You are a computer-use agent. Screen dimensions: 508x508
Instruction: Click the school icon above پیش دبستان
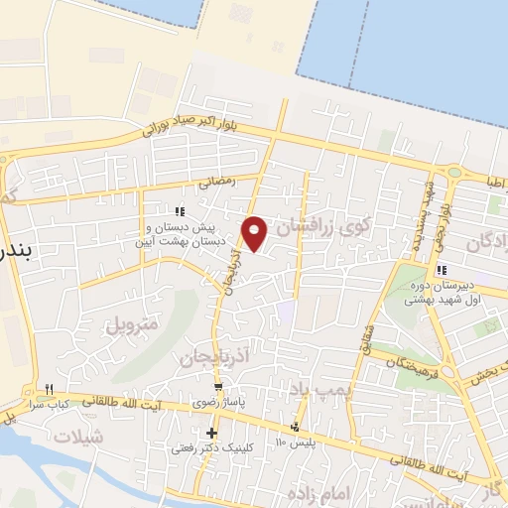(x=180, y=210)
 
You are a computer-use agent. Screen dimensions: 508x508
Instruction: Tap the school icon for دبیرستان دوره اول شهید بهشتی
(x=444, y=270)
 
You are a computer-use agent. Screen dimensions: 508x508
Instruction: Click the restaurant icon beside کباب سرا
(x=47, y=388)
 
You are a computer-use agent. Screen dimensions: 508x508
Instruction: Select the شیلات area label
(x=78, y=437)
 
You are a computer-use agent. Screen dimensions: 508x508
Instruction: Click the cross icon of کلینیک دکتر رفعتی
(x=211, y=433)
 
